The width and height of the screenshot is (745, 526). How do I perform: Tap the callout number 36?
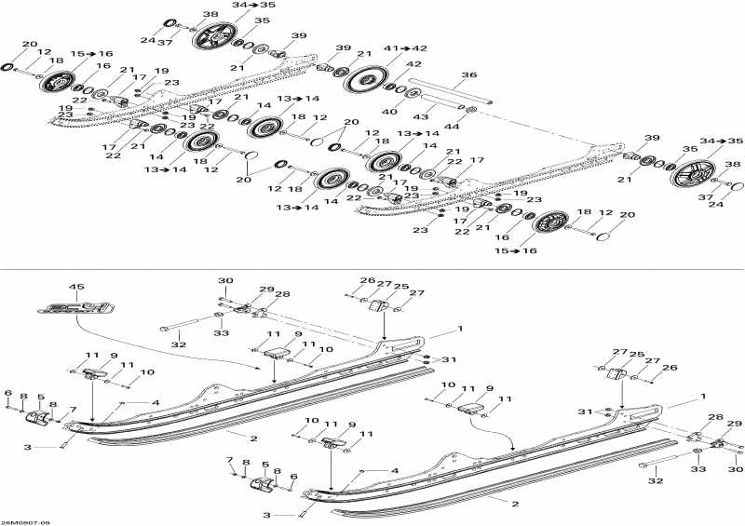468,75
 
